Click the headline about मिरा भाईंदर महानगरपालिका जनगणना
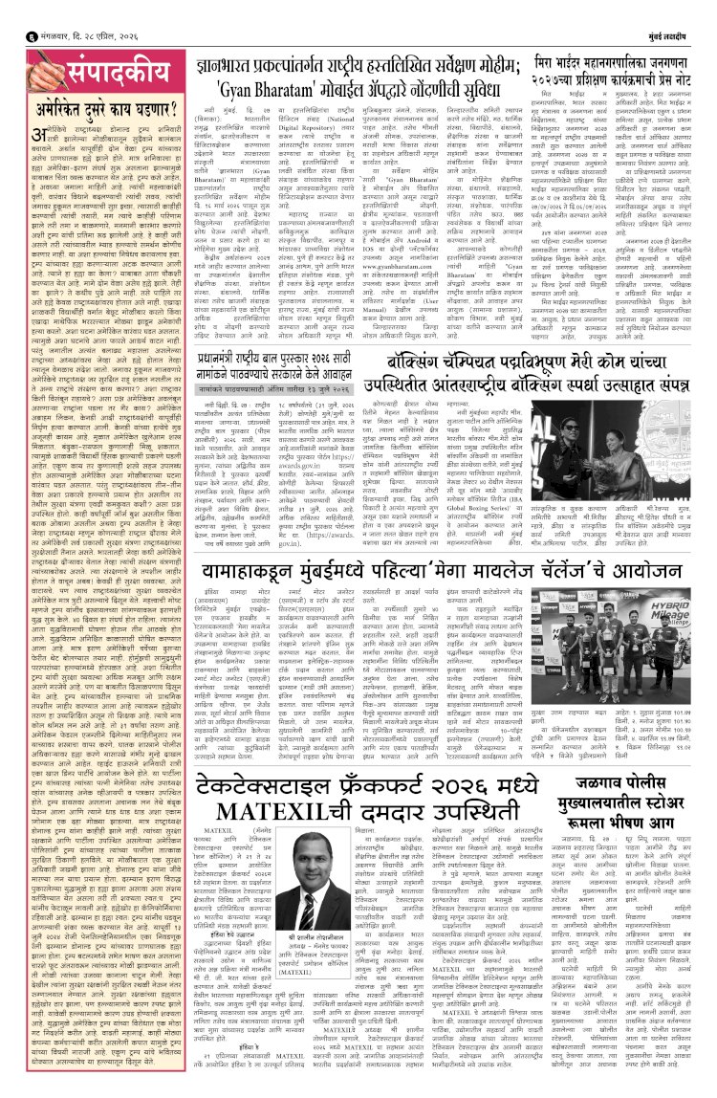(618, 70)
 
